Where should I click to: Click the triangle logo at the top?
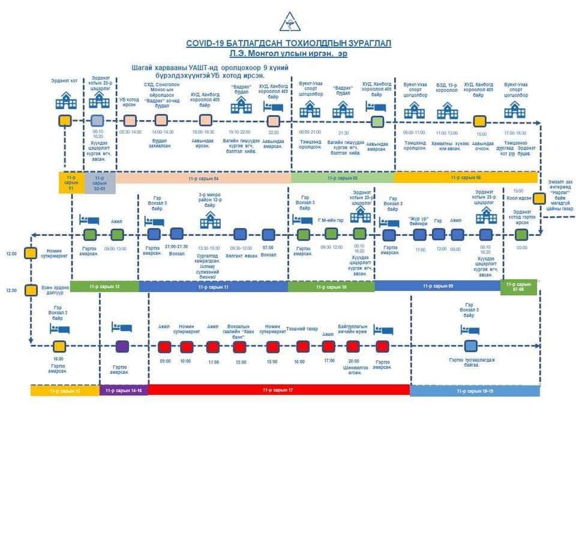click(289, 22)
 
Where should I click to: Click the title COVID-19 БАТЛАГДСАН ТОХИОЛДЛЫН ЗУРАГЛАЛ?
click(289, 43)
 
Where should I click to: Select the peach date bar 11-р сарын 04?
click(203, 178)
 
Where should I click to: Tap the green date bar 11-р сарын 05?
click(342, 178)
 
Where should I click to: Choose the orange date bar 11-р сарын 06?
click(466, 178)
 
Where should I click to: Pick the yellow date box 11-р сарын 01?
click(71, 182)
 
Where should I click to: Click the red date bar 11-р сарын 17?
click(278, 390)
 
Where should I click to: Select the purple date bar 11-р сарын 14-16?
click(124, 391)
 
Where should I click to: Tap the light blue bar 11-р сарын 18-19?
click(474, 391)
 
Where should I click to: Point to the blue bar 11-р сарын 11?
click(214, 287)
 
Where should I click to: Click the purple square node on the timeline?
click(122, 346)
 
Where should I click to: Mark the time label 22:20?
click(273, 132)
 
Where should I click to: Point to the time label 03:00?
click(521, 247)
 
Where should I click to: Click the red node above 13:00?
click(239, 347)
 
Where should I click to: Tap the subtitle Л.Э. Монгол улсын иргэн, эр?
click(289, 54)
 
